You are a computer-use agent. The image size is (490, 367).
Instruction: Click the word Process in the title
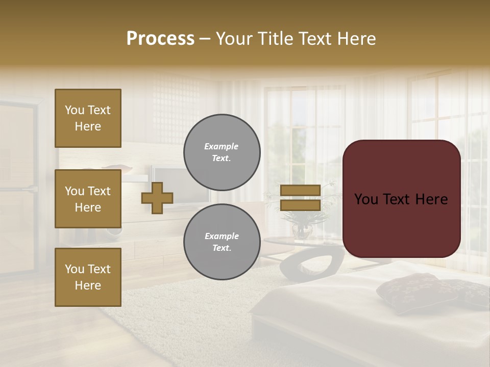[160, 39]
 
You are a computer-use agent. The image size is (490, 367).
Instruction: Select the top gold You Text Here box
[88, 118]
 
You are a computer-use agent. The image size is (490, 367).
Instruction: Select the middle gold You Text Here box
[88, 199]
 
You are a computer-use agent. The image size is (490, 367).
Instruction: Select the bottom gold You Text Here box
[88, 277]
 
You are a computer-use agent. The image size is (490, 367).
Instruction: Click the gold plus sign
[157, 198]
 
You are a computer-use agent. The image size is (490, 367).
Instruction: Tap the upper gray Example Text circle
[222, 152]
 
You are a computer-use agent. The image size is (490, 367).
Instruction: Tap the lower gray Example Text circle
[222, 242]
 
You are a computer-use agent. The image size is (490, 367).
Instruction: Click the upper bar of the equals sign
[301, 190]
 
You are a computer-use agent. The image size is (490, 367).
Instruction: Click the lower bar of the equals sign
[301, 205]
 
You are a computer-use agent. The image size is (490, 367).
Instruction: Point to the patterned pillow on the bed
[408, 292]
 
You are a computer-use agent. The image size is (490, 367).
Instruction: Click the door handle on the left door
[31, 189]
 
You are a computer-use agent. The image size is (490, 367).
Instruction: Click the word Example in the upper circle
[221, 146]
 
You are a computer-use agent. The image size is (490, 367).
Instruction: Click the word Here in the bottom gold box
[88, 285]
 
